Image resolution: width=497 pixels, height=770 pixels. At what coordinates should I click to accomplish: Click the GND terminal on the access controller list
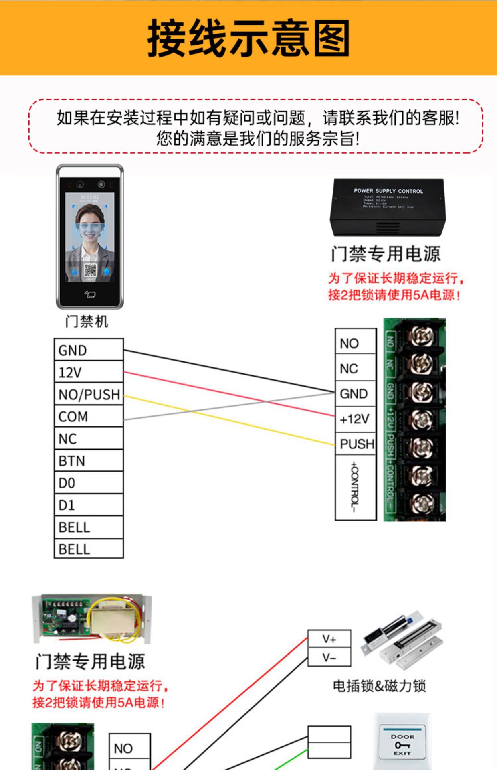pyautogui.click(x=89, y=350)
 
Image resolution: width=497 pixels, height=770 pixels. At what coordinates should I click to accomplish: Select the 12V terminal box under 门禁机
pyautogui.click(x=89, y=372)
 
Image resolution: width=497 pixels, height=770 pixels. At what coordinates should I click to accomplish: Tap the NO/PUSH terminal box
pyautogui.click(x=89, y=394)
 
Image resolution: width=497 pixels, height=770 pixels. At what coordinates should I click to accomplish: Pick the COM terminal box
pyautogui.click(x=89, y=416)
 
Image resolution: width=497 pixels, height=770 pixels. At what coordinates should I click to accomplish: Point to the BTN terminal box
pyautogui.click(x=89, y=460)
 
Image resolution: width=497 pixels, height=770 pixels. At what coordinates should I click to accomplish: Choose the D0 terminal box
pyautogui.click(x=89, y=482)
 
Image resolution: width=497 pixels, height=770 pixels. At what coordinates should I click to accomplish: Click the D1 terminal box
pyautogui.click(x=89, y=505)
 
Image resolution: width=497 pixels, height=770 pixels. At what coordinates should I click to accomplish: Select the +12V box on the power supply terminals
pyautogui.click(x=355, y=419)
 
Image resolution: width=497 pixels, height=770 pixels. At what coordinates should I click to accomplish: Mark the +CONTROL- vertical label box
pyautogui.click(x=355, y=487)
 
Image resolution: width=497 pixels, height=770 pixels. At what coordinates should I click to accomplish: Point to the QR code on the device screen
pyautogui.click(x=90, y=271)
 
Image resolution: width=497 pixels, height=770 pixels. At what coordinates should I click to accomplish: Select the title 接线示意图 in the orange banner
pyautogui.click(x=248, y=38)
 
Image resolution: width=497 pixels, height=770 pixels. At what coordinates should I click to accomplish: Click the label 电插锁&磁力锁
pyautogui.click(x=379, y=686)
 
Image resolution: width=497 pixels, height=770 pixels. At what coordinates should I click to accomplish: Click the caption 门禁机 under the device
pyautogui.click(x=87, y=321)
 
